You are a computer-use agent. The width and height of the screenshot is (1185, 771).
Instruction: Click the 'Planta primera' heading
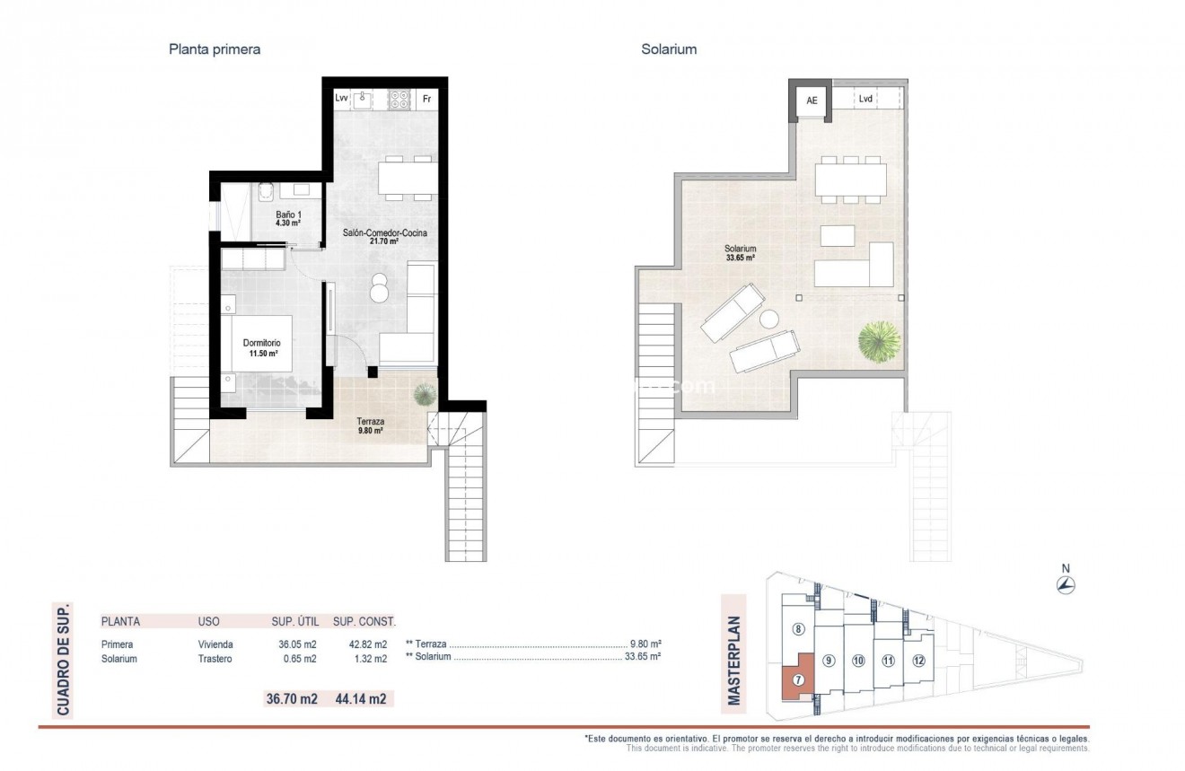coord(215,49)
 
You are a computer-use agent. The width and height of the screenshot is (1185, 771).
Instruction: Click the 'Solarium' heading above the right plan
coord(669,49)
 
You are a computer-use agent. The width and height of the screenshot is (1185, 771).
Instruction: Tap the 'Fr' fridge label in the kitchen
coord(427,99)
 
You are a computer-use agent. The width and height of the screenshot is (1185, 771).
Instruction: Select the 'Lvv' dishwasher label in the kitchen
coord(341,99)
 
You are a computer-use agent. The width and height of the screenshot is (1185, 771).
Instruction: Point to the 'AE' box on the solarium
coord(812,101)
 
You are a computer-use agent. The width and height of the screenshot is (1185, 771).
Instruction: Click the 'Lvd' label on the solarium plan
coord(865,100)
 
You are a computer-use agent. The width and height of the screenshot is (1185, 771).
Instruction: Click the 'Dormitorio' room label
coord(261,343)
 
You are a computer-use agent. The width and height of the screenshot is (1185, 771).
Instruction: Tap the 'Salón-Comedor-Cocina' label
coord(384,233)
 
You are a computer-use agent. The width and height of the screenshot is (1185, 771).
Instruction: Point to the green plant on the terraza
coord(424,394)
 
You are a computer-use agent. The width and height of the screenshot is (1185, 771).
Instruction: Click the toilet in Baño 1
coord(265,193)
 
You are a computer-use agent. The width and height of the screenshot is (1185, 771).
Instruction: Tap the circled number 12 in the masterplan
coord(917,661)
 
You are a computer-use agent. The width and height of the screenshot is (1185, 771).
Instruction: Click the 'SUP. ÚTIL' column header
coord(294,621)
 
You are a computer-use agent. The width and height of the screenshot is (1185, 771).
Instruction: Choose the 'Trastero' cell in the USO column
coord(215,659)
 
